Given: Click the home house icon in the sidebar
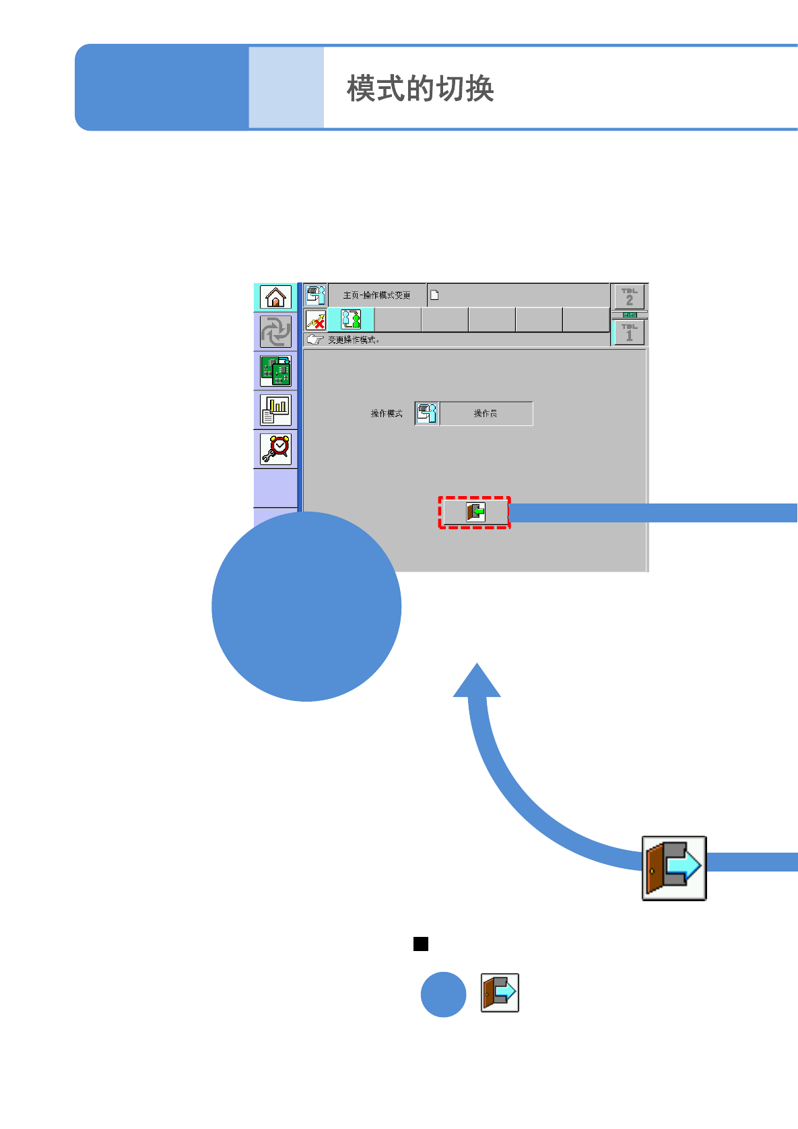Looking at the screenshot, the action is (275, 297).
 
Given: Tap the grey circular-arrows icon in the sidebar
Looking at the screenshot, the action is (275, 332).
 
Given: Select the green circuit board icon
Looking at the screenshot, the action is (275, 371).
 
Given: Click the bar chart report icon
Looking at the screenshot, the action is (275, 410).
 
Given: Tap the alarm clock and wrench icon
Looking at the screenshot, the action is (275, 449).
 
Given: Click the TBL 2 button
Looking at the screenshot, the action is (629, 297).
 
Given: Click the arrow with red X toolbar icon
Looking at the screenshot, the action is (315, 319).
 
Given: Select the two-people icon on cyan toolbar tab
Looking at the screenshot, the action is (351, 319).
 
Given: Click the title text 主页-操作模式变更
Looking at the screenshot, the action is (376, 295).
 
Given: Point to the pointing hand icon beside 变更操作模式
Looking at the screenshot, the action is (314, 340).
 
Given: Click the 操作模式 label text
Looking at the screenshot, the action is (387, 413).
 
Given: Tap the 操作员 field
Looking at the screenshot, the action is (485, 413).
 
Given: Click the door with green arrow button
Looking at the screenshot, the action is (475, 512).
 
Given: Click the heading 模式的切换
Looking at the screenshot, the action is (420, 88).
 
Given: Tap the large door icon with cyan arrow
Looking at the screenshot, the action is (673, 868).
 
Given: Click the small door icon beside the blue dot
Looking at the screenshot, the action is (500, 993).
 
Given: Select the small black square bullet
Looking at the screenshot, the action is (421, 944).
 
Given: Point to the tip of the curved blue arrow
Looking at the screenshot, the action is (477, 666).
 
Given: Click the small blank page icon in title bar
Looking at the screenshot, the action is (434, 295).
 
